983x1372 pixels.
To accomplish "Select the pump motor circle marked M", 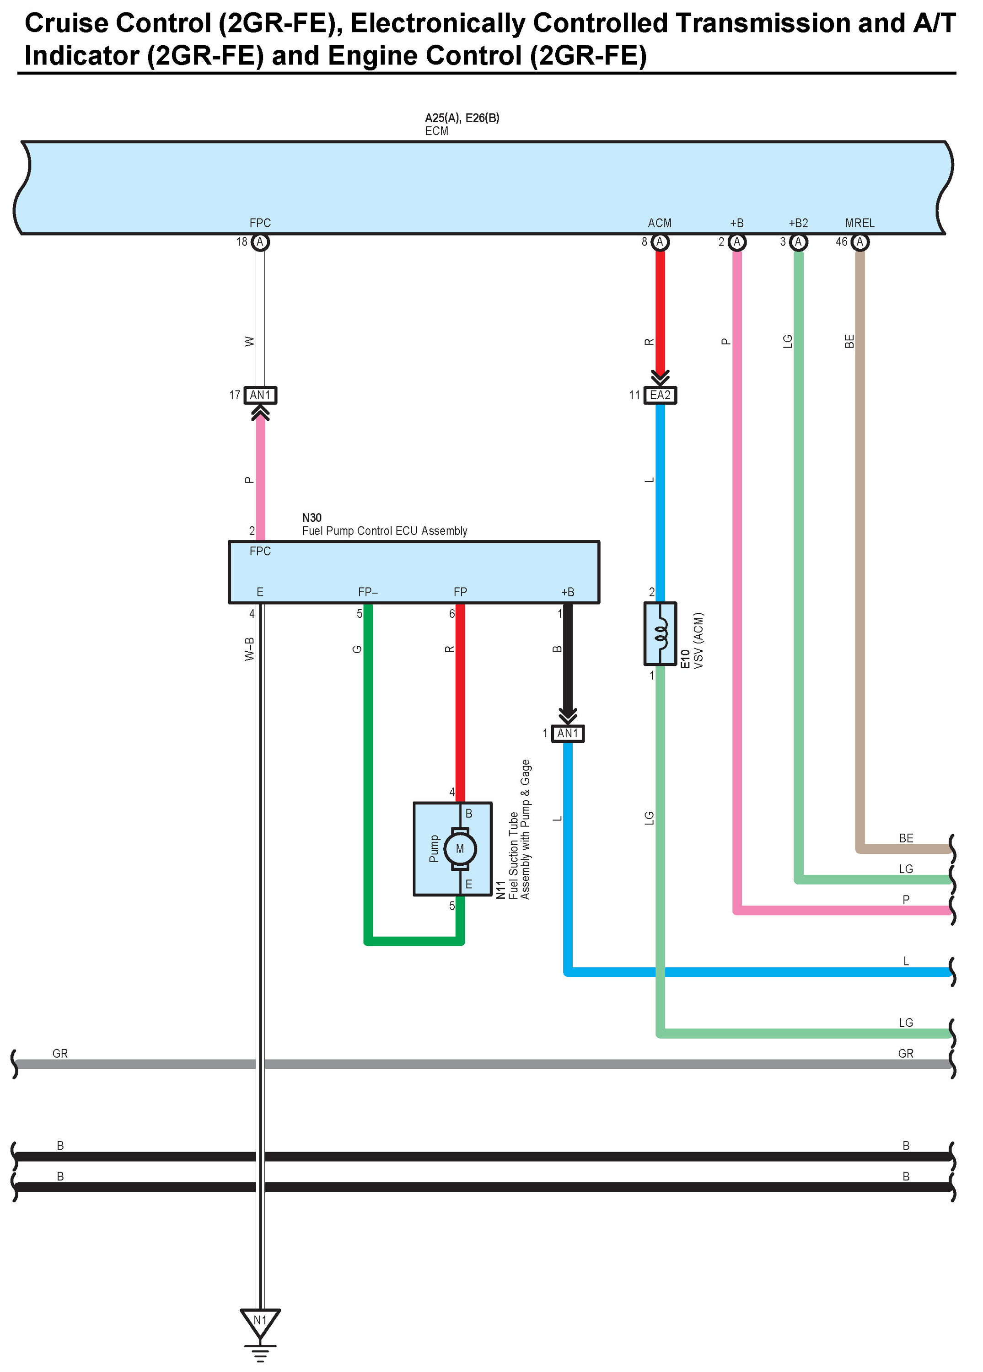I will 460,849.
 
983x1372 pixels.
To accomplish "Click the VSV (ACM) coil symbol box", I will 660,633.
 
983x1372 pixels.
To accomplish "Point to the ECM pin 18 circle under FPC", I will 260,242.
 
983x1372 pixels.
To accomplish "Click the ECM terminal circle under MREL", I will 859,242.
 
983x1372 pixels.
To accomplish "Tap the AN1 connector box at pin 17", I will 260,395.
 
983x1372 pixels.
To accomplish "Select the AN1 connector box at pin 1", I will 567,733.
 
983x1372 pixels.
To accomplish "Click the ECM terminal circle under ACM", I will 660,242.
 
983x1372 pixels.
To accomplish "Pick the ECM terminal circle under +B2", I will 799,242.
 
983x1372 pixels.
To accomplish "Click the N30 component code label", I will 312,518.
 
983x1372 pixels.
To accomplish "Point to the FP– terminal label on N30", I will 368,592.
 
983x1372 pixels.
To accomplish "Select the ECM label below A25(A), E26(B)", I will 436,131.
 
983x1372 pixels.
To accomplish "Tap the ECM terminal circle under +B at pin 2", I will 737,242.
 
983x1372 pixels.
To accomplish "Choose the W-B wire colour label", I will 249,648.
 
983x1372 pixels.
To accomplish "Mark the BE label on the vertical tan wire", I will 849,341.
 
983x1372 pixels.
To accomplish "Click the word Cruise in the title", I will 66,24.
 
